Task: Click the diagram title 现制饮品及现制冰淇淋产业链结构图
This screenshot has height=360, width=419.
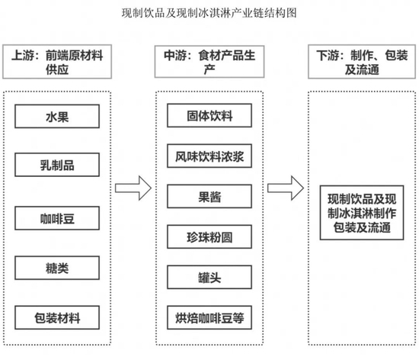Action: click(x=209, y=14)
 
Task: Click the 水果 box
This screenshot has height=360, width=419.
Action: click(x=57, y=117)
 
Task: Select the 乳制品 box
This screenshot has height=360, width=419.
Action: click(x=57, y=166)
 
